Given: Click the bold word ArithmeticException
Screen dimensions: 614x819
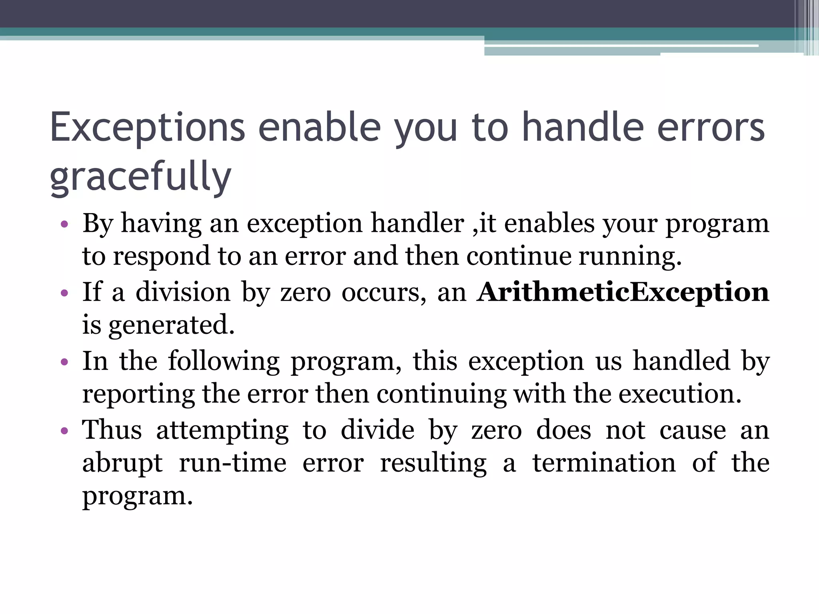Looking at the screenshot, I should (623, 292).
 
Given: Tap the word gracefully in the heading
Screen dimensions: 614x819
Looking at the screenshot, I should (140, 176).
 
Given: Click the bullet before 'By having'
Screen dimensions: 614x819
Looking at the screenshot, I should (64, 225).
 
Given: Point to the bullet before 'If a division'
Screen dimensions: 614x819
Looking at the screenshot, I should (64, 293).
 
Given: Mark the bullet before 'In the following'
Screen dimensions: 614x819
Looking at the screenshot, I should (64, 362).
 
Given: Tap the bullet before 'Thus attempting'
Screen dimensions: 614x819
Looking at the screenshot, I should (64, 431).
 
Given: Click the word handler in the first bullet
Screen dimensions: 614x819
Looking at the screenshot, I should (417, 223).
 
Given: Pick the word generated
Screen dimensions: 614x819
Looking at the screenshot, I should (171, 325).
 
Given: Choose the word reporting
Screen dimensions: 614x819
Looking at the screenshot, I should (138, 394).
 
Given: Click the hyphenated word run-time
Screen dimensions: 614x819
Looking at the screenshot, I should (232, 463).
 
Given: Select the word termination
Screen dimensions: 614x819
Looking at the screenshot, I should (604, 462).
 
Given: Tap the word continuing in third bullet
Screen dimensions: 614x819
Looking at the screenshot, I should (441, 394).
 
